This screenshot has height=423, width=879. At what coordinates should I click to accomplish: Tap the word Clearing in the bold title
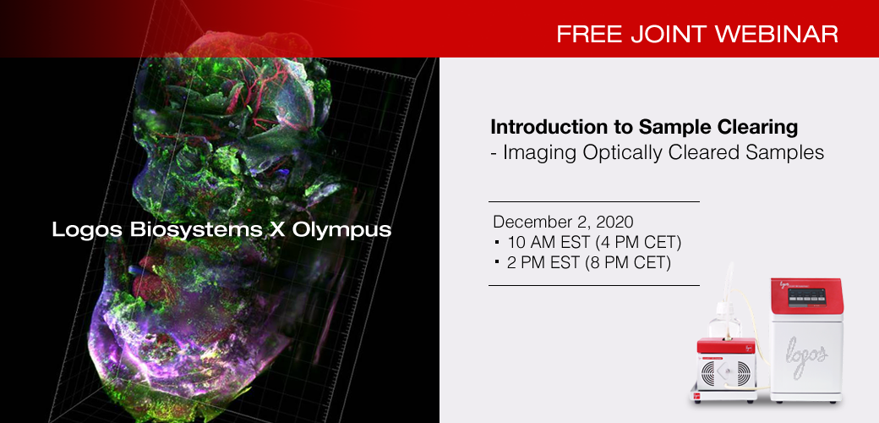pos(756,128)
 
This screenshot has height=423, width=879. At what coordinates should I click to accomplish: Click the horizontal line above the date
pos(593,202)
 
